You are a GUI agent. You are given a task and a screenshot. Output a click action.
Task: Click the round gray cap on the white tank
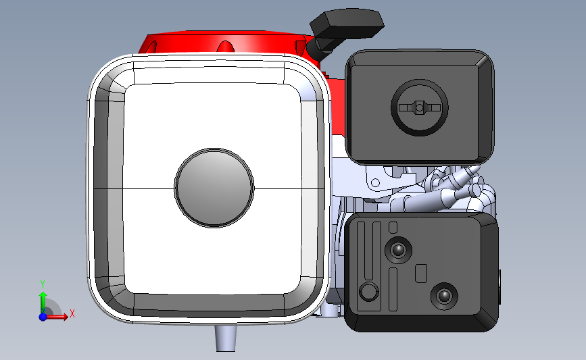[x=214, y=186]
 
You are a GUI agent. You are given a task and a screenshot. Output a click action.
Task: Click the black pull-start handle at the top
[x=347, y=26]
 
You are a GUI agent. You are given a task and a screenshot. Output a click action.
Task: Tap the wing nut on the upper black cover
[x=420, y=107]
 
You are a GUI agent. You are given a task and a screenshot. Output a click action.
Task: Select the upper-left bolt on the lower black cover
[x=397, y=251]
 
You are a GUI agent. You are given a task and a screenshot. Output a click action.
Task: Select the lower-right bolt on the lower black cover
[x=444, y=296]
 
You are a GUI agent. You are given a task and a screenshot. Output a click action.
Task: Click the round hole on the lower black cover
[x=368, y=292]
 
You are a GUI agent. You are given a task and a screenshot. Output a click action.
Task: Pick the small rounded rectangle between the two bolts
[x=420, y=274]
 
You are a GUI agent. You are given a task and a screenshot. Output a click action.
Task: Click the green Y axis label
[x=42, y=284]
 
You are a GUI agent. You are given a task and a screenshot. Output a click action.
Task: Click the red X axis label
[x=72, y=313]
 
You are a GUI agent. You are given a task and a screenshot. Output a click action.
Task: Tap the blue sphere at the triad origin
[x=43, y=316]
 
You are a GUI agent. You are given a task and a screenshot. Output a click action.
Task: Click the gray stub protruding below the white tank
[x=226, y=336]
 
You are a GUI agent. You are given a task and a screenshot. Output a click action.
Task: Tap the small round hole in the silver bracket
[x=374, y=182]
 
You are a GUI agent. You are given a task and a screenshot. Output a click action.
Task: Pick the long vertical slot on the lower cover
[x=368, y=250]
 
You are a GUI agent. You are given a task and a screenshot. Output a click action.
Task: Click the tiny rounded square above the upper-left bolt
[x=393, y=226]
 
